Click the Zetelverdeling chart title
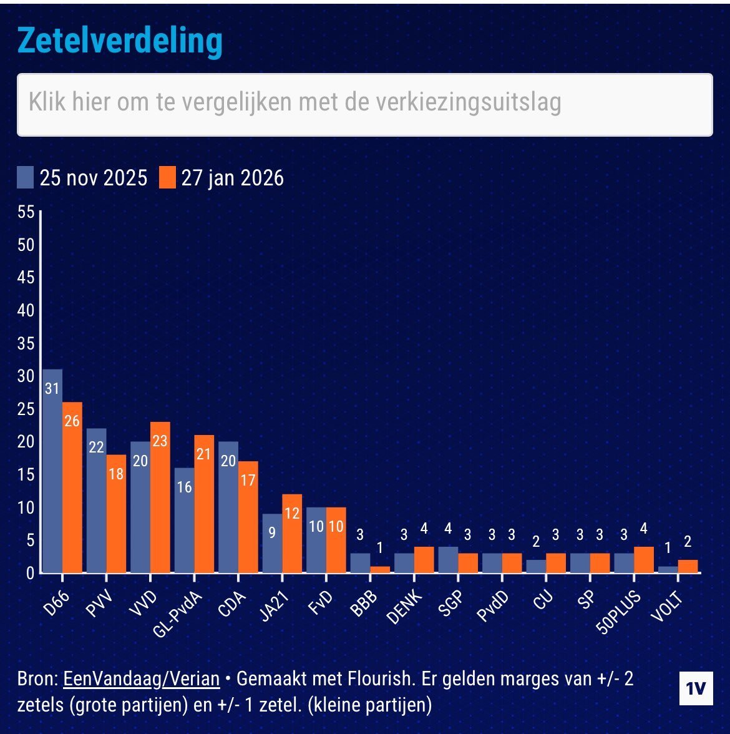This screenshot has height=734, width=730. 120,41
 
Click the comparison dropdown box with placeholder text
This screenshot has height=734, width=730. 364,104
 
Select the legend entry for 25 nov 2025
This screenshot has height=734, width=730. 82,178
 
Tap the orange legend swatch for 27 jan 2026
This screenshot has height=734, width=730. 167,178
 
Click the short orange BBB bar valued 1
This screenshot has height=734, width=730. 380,569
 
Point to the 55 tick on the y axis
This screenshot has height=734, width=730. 26,212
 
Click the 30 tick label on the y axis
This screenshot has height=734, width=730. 26,376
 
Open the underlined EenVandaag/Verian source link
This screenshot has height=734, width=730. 142,679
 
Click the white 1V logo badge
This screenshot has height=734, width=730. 696,689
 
